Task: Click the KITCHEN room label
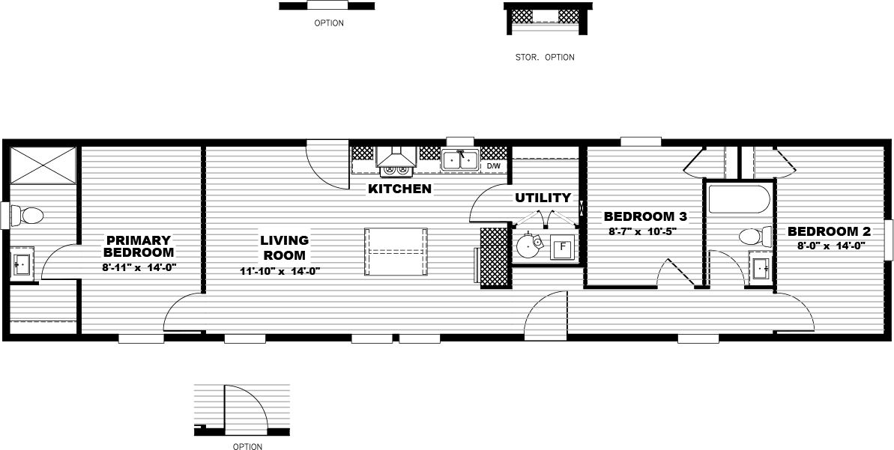pos(399,189)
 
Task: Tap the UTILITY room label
pos(543,198)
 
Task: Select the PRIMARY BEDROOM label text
pos(139,246)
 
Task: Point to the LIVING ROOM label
pos(285,248)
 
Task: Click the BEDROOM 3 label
pos(645,216)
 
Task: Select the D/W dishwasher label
pos(494,165)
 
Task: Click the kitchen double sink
pos(460,159)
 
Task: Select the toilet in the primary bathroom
pos(28,216)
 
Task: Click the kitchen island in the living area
pos(396,252)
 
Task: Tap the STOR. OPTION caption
pos(545,57)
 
